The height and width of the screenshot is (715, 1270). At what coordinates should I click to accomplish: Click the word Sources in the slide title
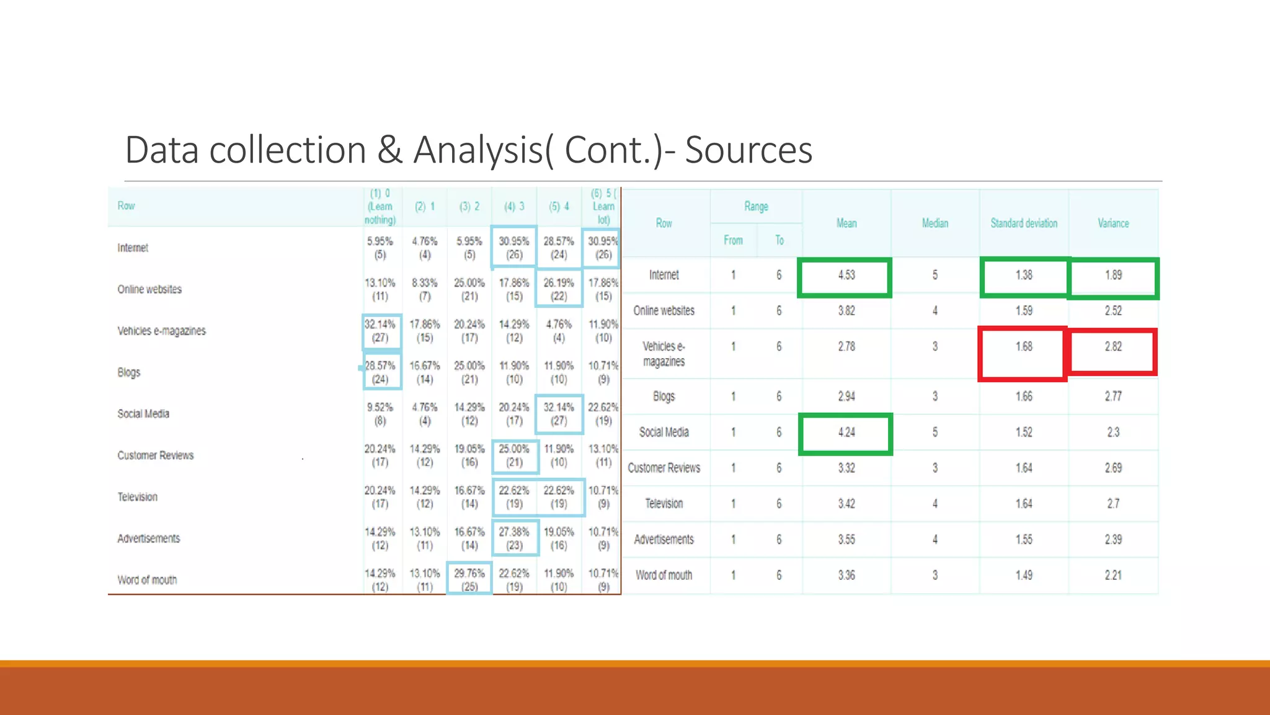748,150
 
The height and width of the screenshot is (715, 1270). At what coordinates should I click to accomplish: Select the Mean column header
846,223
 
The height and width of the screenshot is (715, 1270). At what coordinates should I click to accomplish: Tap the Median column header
935,223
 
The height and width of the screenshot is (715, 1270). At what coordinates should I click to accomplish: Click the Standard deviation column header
1024,223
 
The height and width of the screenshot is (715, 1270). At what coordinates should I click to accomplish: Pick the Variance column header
1113,223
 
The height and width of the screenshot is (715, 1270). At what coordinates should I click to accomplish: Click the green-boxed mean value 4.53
846,276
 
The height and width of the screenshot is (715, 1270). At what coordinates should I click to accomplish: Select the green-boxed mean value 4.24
846,433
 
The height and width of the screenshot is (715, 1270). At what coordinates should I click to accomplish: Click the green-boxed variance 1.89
1113,276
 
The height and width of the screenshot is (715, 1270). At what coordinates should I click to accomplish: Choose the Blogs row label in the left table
129,372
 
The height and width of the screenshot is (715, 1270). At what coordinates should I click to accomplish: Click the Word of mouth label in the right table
664,575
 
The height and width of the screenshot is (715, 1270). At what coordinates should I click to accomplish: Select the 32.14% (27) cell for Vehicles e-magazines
380,331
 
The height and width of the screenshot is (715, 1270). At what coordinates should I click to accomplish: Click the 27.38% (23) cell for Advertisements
514,538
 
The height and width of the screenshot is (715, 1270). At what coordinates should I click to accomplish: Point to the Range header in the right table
756,207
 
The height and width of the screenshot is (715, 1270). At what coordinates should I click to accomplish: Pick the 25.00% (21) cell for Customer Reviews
514,456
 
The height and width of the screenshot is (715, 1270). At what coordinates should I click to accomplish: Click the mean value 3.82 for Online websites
846,311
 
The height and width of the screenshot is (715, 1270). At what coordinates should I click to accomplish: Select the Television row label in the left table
138,497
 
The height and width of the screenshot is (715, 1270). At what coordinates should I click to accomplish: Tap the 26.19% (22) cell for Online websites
559,289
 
